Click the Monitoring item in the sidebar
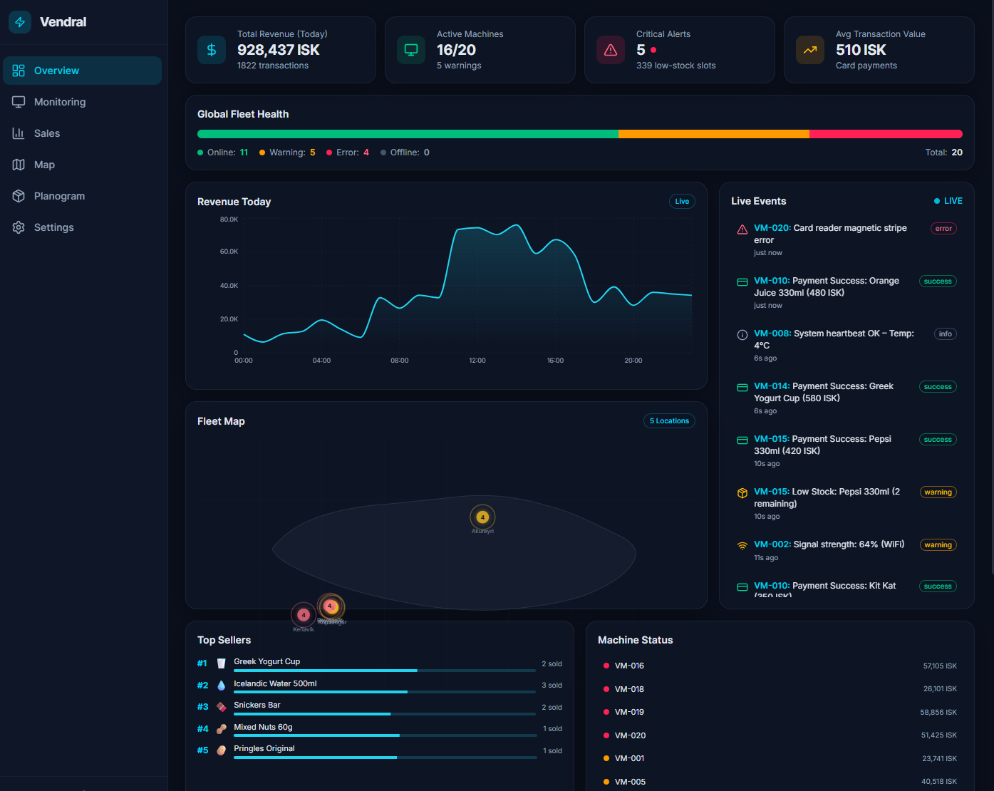click(60, 102)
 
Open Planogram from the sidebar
click(59, 196)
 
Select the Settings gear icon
click(19, 227)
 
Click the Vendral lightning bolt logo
click(20, 22)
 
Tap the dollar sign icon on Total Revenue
click(212, 50)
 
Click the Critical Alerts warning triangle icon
click(611, 50)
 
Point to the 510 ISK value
click(861, 50)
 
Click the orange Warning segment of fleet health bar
click(713, 134)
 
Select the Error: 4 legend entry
click(348, 152)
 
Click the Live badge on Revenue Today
click(682, 202)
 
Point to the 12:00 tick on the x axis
click(477, 361)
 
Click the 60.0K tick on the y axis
click(229, 252)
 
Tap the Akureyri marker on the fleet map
click(482, 517)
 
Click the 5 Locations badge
click(669, 421)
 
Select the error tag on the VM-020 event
click(943, 229)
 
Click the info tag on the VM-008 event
click(945, 334)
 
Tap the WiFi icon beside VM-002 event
click(742, 546)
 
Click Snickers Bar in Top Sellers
click(257, 705)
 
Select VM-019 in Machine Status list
click(629, 713)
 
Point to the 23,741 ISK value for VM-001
click(939, 759)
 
